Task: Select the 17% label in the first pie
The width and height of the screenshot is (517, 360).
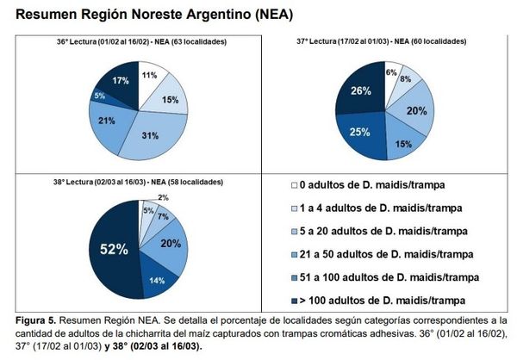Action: click(x=121, y=80)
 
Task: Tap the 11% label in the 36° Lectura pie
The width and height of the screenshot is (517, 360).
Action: click(x=148, y=76)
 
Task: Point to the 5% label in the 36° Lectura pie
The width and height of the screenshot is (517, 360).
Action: click(x=101, y=96)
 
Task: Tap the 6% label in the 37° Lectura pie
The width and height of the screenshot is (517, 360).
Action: click(x=391, y=72)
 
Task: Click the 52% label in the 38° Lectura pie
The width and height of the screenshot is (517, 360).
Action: click(x=112, y=250)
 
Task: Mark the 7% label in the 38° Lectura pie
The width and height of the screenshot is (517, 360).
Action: click(x=163, y=217)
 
